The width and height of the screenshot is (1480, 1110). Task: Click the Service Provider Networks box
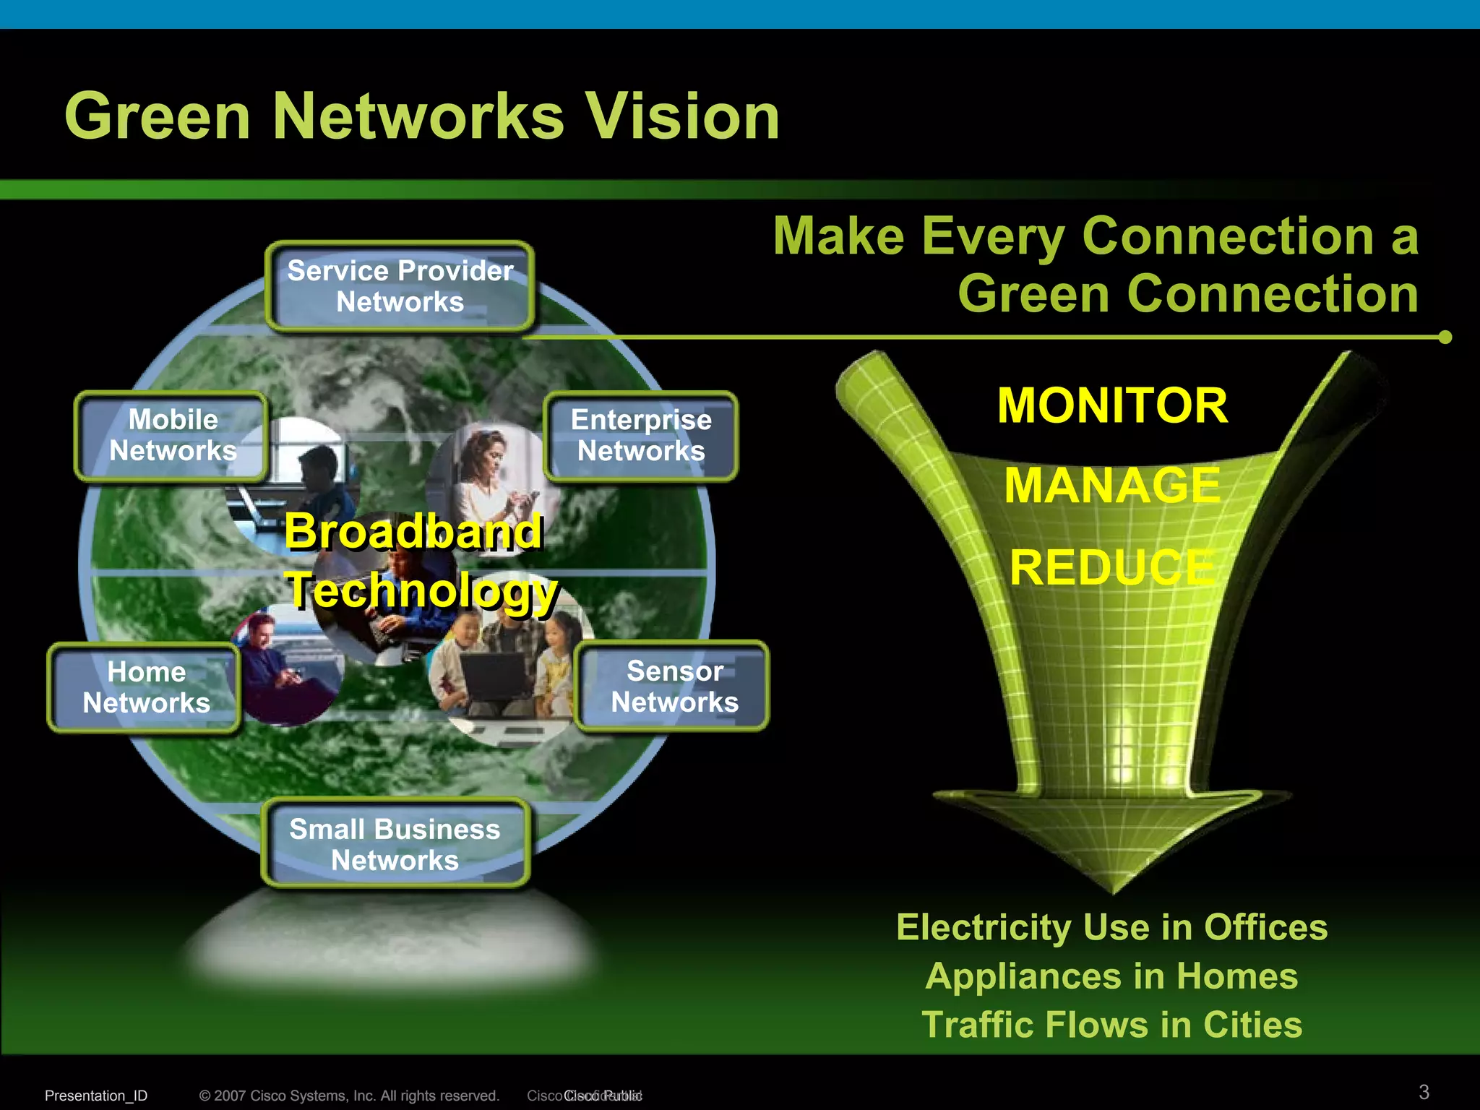[x=400, y=287]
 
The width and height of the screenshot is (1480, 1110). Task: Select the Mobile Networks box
[x=172, y=436]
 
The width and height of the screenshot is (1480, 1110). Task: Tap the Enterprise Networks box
[x=641, y=436]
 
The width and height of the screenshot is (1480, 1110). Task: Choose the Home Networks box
[x=145, y=687]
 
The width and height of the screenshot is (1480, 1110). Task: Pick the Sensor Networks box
[x=674, y=687]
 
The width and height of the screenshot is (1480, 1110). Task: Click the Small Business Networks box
[x=395, y=844]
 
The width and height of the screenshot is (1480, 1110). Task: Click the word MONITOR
[x=1112, y=405]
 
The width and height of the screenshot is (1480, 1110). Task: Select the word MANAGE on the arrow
[x=1112, y=486]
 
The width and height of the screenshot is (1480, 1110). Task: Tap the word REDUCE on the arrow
[x=1112, y=567]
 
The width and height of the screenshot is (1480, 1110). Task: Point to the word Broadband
[x=413, y=531]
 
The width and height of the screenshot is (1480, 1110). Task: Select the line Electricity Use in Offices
[x=1111, y=927]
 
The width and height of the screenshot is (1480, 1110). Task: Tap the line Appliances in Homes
[x=1111, y=976]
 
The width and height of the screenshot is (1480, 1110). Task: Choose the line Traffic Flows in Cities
[x=1111, y=1025]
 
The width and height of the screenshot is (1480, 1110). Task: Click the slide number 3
[x=1424, y=1091]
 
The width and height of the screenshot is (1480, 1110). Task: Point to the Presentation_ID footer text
[x=96, y=1096]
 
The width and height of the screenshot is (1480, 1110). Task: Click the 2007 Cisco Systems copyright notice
[x=349, y=1096]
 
